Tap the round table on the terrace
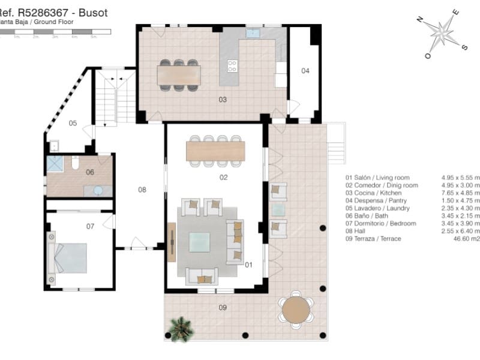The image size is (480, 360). point(295,310)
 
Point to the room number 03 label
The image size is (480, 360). point(223,100)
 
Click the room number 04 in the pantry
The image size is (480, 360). point(305,71)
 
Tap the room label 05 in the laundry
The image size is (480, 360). point(73,124)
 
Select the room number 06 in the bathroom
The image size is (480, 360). point(90,172)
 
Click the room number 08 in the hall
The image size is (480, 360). point(142,190)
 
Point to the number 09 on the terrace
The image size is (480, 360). point(223,308)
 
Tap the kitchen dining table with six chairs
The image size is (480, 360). point(178,75)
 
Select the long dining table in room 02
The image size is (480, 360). point(215,150)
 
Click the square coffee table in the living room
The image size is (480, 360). point(200,242)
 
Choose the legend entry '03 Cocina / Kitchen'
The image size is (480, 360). point(373,193)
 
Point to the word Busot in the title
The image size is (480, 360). point(94,13)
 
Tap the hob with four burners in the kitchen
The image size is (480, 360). point(232,66)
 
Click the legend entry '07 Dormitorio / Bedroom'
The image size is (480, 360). point(380,223)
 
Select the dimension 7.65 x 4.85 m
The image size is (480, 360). point(460,193)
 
